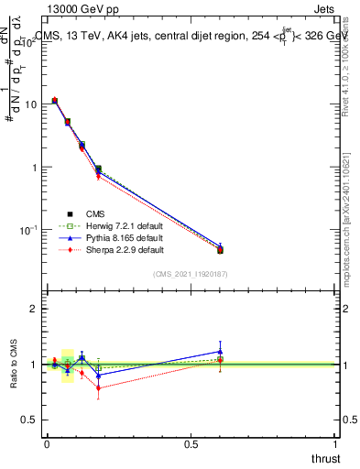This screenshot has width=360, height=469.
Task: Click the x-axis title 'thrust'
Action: tap(325, 457)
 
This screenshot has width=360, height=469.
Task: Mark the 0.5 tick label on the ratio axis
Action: tap(30, 420)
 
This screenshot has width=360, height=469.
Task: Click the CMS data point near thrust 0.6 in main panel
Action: tap(220, 250)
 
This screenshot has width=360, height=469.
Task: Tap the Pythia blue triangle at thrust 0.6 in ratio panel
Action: tap(220, 351)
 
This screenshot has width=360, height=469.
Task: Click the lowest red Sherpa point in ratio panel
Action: tap(98, 387)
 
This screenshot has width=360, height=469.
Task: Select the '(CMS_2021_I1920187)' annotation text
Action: tap(191, 273)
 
